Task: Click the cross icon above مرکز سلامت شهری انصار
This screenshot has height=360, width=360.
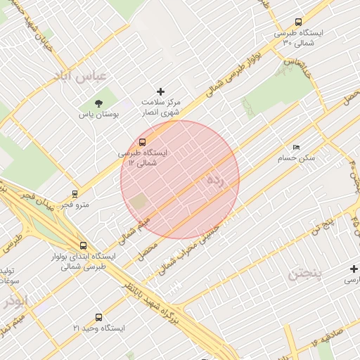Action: pyautogui.click(x=161, y=91)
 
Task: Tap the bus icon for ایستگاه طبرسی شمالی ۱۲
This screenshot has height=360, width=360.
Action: pyautogui.click(x=143, y=141)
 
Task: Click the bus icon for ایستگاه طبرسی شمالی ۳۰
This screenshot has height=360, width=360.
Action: pyautogui.click(x=299, y=22)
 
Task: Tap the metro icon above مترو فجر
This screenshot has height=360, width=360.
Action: pyautogui.click(x=75, y=193)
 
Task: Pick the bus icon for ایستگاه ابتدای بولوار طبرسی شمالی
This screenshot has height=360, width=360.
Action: pyautogui.click(x=84, y=245)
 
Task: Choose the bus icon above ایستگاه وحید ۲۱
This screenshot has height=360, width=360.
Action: pyautogui.click(x=98, y=317)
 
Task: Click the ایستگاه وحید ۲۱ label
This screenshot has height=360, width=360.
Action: pyautogui.click(x=98, y=328)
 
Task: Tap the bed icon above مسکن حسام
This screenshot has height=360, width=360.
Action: pyautogui.click(x=296, y=147)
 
